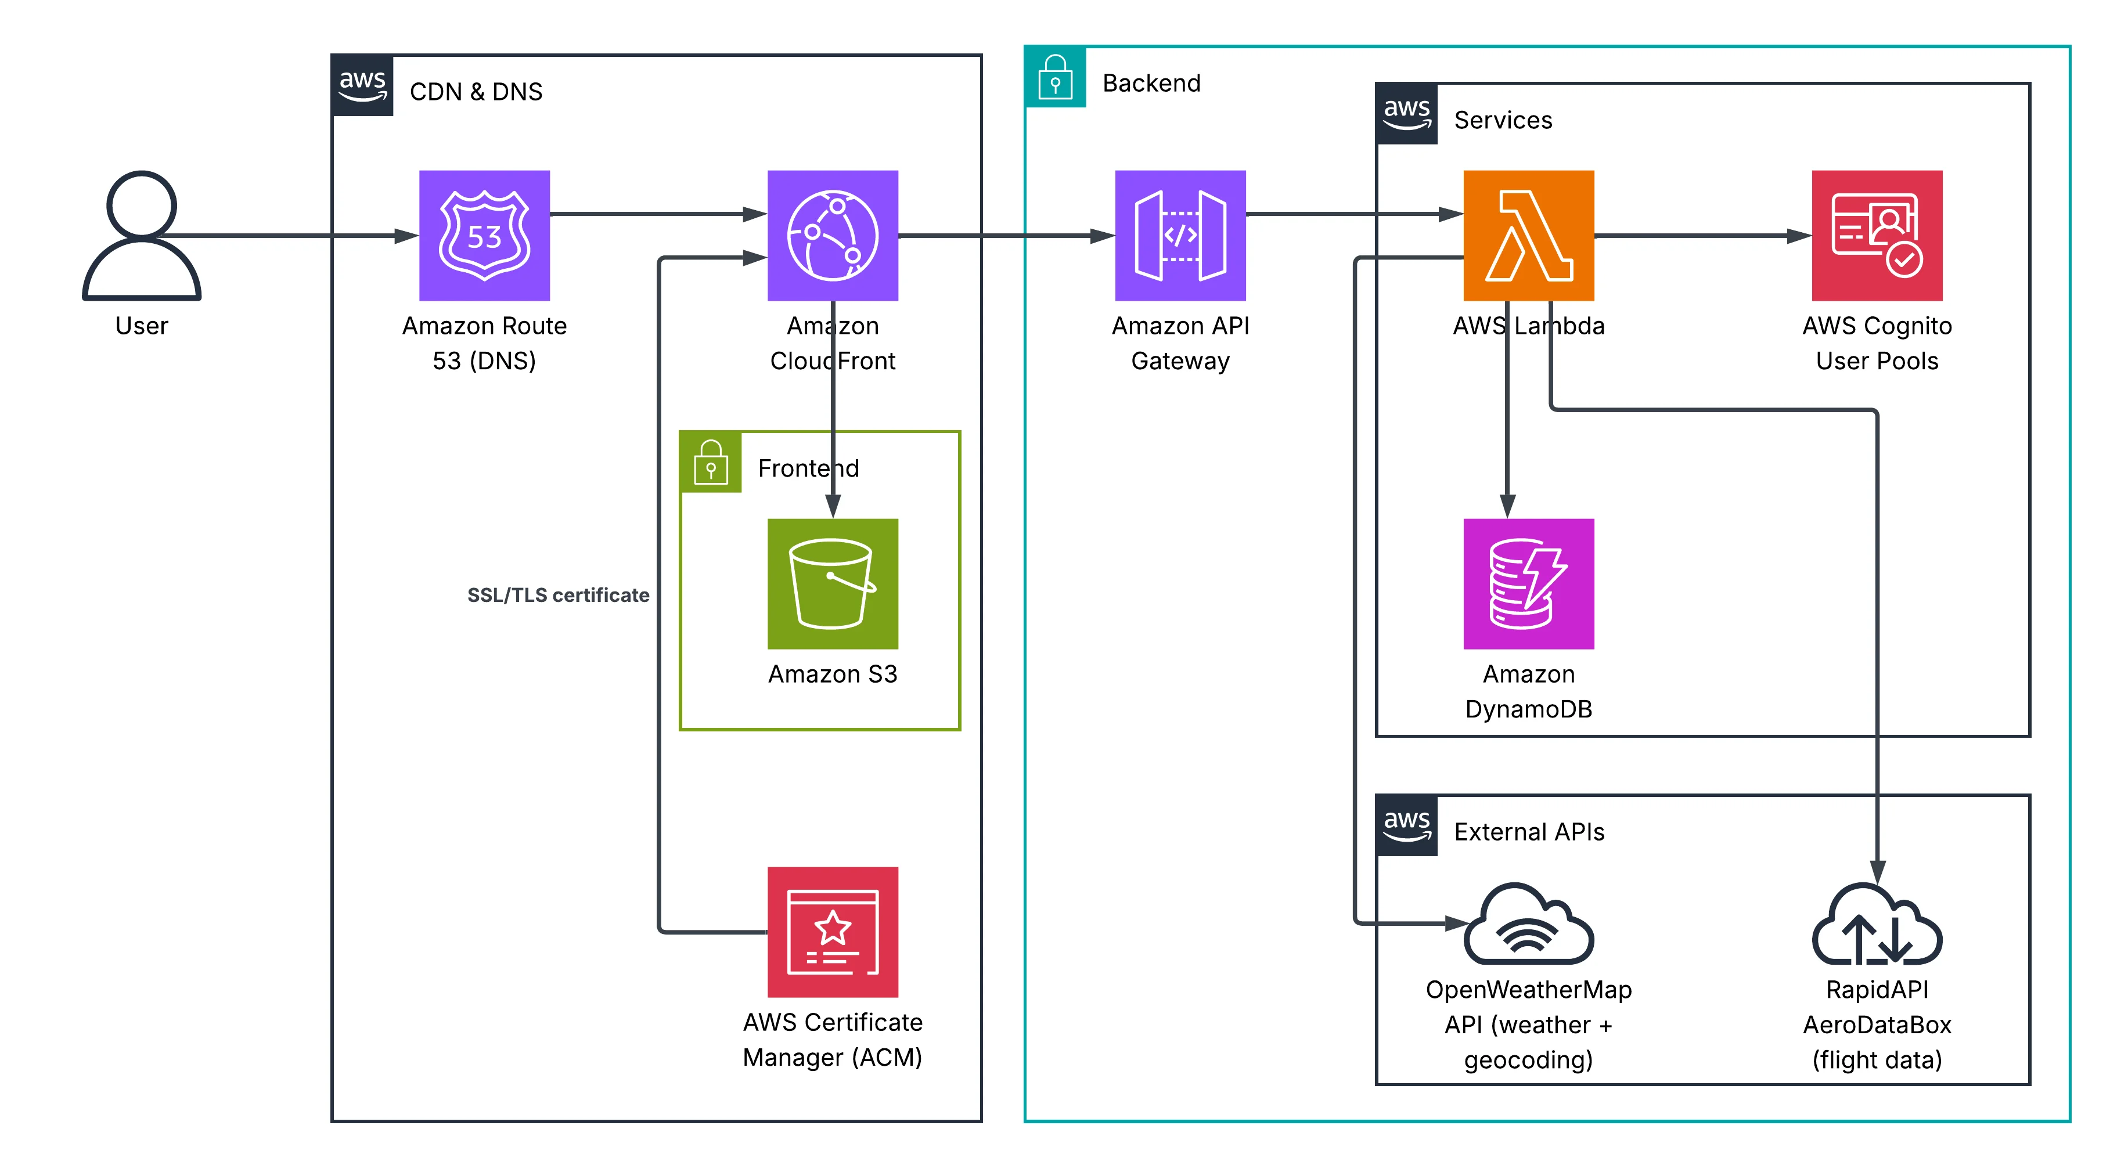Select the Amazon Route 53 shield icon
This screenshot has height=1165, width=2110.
[484, 235]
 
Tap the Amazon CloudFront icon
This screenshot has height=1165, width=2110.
[832, 235]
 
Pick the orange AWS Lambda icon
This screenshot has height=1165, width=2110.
[1528, 235]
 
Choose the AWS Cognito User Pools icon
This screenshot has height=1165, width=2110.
[1876, 235]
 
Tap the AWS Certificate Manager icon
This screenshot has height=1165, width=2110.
[832, 931]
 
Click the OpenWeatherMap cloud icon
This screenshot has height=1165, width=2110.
[1528, 925]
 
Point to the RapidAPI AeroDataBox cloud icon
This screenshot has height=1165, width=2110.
[1876, 925]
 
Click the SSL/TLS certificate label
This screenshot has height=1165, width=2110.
[558, 595]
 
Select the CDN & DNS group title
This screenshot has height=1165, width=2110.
[476, 92]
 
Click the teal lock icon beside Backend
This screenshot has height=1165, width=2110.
[1055, 77]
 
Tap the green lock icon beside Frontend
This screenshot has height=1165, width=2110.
[710, 463]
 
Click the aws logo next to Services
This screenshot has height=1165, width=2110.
[1406, 114]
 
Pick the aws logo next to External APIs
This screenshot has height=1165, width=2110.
[1406, 825]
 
